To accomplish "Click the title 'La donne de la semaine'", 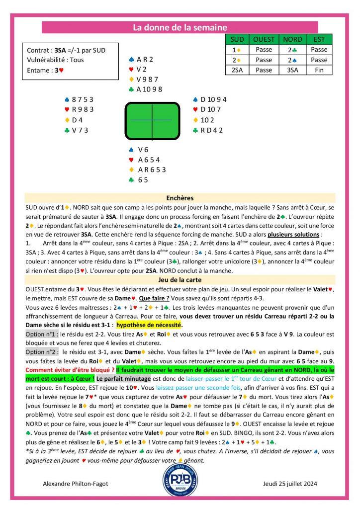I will (x=180, y=28).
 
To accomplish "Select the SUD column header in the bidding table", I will (x=237, y=39).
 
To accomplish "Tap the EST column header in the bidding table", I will (x=319, y=39).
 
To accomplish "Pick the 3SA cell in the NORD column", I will (x=292, y=70).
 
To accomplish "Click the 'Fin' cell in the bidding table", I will (x=319, y=70).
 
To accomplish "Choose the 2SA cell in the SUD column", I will (x=237, y=70).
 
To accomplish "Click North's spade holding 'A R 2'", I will (x=145, y=59).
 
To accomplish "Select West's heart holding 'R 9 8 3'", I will (x=83, y=109).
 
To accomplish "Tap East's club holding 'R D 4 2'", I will (x=211, y=130).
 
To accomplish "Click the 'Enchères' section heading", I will (x=180, y=197).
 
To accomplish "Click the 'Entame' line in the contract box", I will (x=46, y=71).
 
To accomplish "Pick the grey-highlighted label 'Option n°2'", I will (x=42, y=351).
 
